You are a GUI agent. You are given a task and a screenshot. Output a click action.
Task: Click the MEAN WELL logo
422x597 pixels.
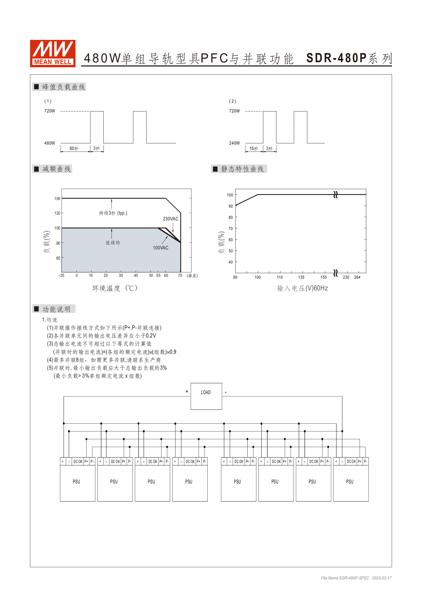(53, 53)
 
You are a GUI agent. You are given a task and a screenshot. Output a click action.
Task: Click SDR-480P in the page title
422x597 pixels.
(336, 58)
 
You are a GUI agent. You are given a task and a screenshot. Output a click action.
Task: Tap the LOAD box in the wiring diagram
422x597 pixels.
(206, 396)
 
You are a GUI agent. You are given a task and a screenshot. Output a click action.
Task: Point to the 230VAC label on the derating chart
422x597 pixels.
(170, 219)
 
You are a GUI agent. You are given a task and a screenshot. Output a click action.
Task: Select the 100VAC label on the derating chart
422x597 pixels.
(160, 248)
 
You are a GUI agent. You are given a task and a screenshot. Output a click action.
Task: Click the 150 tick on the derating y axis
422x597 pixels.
(57, 199)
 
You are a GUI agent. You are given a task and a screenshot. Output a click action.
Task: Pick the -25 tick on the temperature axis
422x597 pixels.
(61, 275)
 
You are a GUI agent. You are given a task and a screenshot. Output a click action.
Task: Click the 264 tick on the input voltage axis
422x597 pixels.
(357, 277)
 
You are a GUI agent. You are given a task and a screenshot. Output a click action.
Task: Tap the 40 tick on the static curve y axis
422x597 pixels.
(231, 262)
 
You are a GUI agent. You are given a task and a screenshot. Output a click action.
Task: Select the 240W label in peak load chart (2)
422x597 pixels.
(234, 143)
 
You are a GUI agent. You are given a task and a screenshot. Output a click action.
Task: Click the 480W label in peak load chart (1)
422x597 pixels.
(49, 143)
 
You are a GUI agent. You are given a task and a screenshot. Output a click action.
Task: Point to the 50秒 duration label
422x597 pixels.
(74, 149)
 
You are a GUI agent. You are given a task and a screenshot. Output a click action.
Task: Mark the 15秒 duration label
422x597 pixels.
(254, 149)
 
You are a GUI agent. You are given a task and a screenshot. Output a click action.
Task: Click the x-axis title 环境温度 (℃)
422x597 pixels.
(115, 288)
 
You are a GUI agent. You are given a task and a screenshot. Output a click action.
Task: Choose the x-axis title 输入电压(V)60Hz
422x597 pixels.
(302, 288)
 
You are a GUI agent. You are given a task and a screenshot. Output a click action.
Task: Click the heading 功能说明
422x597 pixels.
(56, 309)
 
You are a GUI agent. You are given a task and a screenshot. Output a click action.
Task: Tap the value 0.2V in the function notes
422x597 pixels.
(151, 336)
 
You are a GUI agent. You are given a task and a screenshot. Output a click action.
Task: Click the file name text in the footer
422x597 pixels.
(345, 578)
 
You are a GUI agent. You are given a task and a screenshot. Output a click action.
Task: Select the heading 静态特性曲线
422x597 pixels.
(242, 169)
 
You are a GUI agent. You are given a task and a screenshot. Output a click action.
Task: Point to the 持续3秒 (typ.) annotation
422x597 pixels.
(113, 213)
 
